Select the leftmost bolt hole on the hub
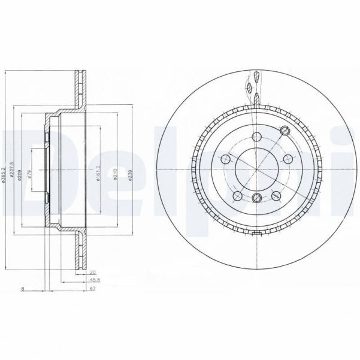click(226, 158)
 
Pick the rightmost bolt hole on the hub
click(286, 158)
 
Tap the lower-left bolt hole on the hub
click(237, 195)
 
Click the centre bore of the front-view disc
click(256, 169)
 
